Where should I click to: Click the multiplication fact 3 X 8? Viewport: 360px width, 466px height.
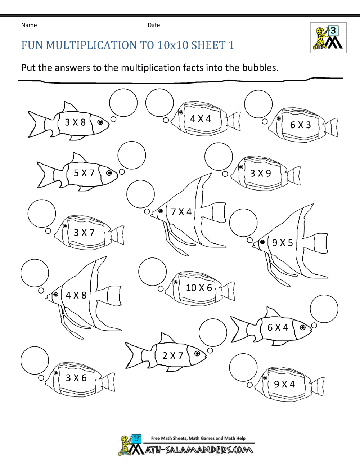click(x=75, y=122)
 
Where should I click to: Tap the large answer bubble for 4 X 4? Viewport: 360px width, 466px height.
click(x=159, y=103)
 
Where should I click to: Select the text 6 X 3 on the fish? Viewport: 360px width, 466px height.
click(x=300, y=125)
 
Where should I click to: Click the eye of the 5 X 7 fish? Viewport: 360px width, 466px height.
click(x=109, y=173)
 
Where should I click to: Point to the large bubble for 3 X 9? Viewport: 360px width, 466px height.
click(x=219, y=156)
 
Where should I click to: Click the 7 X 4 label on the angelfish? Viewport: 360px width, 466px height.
click(x=181, y=212)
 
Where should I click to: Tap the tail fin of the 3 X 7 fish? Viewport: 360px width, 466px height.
click(x=117, y=235)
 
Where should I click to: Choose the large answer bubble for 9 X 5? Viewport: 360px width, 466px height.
click(x=243, y=223)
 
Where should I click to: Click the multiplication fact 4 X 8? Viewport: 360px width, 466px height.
click(x=76, y=295)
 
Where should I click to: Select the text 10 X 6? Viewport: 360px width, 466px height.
click(x=199, y=288)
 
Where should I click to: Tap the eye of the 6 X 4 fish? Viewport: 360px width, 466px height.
click(x=303, y=327)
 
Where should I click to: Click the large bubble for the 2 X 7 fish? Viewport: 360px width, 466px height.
click(x=213, y=333)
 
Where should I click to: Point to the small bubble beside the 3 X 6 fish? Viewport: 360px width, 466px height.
click(x=41, y=378)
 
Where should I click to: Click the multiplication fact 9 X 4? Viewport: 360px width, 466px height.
click(x=284, y=384)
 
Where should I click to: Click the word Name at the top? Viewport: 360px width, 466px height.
click(x=29, y=25)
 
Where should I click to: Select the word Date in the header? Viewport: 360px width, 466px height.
click(x=154, y=25)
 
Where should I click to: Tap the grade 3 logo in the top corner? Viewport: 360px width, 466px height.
click(x=328, y=38)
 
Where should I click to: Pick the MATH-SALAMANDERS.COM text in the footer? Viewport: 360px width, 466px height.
click(x=199, y=450)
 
